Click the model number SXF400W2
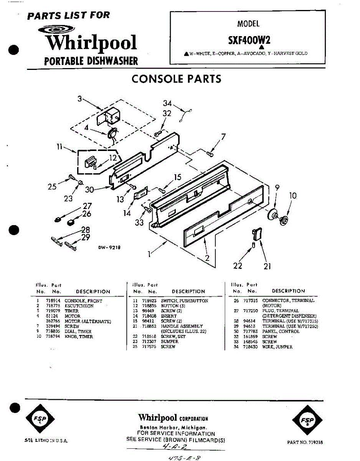click(248, 40)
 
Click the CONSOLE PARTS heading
click(176, 79)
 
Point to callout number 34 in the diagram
click(167, 103)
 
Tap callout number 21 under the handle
click(268, 265)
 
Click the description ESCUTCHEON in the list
click(79, 306)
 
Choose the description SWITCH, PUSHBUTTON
click(184, 301)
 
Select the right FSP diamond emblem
click(307, 420)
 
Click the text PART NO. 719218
click(305, 442)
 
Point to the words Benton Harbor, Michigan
click(174, 428)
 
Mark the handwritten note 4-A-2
click(175, 447)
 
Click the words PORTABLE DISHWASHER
click(91, 61)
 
